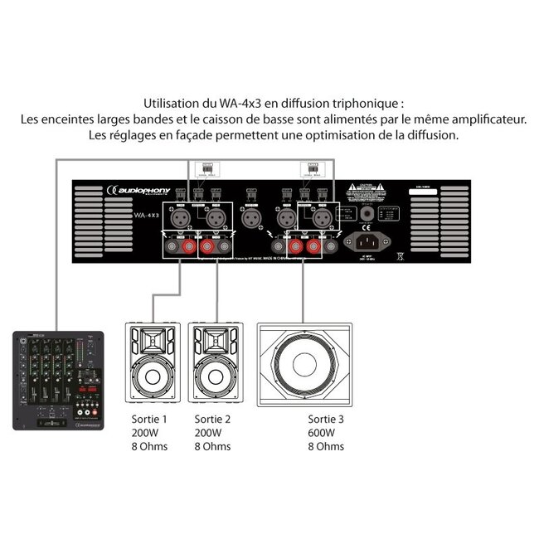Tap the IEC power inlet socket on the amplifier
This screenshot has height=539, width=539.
371,241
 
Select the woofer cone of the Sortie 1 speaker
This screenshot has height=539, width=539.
152,375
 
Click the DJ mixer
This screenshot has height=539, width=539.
57,381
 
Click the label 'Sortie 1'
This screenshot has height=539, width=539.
149,419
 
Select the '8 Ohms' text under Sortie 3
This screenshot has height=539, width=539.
325,447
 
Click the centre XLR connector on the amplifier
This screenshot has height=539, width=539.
250,218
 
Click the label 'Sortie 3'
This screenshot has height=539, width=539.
325,419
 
